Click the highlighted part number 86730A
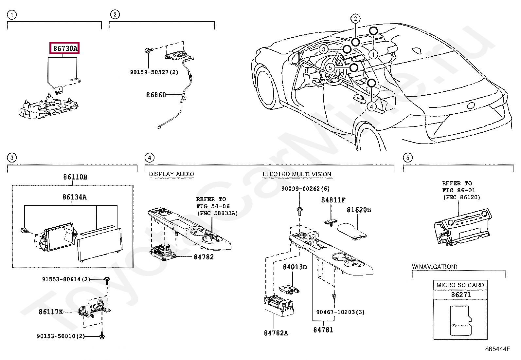tap(65, 48)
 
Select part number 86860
tap(156, 95)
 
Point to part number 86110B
tap(75, 177)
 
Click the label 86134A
tap(75, 197)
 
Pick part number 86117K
tap(51, 312)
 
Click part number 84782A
tap(276, 333)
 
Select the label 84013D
tap(295, 267)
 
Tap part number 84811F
tap(333, 200)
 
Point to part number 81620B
tap(359, 210)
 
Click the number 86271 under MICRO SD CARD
tap(461, 295)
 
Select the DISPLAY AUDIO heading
tap(171, 174)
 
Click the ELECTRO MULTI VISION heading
tap(297, 174)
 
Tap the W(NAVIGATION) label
tap(434, 267)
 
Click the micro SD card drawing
tap(461, 320)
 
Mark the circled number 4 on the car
tap(371, 106)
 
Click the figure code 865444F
tap(497, 349)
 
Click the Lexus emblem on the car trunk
tap(471, 105)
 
